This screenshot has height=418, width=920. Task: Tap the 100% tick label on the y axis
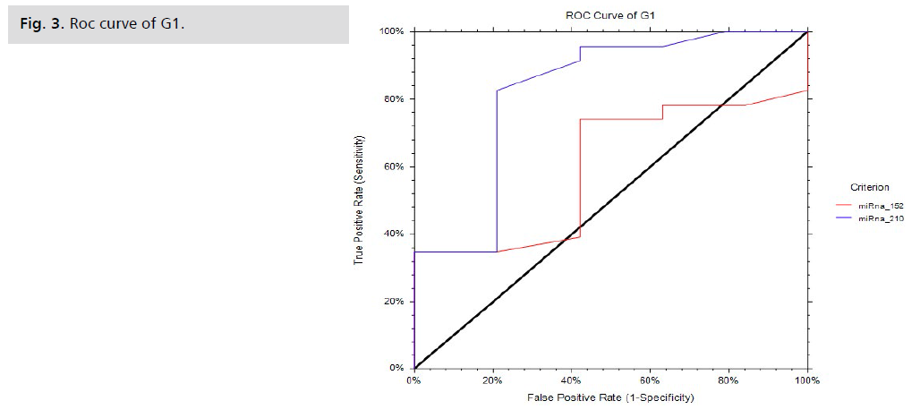(392, 31)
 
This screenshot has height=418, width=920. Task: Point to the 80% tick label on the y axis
(395, 98)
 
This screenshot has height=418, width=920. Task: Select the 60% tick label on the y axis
(395, 166)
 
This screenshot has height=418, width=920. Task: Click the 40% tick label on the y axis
(395, 234)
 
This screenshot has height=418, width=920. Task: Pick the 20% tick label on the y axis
(395, 301)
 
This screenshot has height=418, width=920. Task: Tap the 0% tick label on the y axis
(397, 368)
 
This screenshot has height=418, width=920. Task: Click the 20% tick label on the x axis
(492, 380)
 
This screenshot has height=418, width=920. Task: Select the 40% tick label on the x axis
(571, 380)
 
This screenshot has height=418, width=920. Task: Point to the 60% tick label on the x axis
(650, 380)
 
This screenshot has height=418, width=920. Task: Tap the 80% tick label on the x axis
(728, 380)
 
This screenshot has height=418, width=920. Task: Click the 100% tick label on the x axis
(807, 380)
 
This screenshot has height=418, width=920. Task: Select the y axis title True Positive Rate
(359, 200)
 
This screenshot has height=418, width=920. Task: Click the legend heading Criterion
(870, 187)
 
